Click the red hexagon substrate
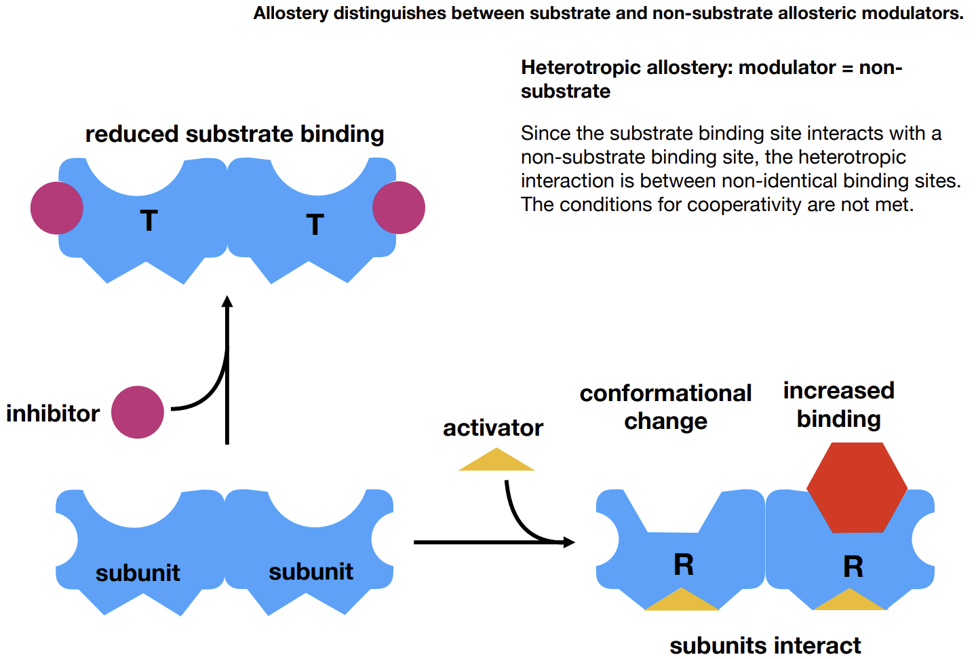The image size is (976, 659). pos(857,487)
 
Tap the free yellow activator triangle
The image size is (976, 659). pos(496,462)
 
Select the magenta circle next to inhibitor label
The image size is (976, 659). pos(138,412)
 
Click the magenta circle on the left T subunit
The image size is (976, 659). pos(57,208)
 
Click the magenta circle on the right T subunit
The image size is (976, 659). pos(399,208)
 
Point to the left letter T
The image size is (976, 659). pos(149,221)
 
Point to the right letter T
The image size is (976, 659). pos(315,225)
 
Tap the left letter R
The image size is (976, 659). pos(684,565)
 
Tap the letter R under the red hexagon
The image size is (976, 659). pos(853,567)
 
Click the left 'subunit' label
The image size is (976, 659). pos(138,573)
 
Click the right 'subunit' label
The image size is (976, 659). pos(311,572)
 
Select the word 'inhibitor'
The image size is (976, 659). pos(53,413)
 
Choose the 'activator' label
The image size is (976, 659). pos(493,428)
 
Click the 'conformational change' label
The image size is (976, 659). pos(665,407)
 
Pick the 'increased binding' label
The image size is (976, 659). pos(839,404)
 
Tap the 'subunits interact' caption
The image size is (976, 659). pos(765,645)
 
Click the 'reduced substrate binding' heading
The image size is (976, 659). pos(235,134)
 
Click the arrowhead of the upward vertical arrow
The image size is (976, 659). pos(227,301)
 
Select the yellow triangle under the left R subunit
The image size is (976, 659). pos(682,601)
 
